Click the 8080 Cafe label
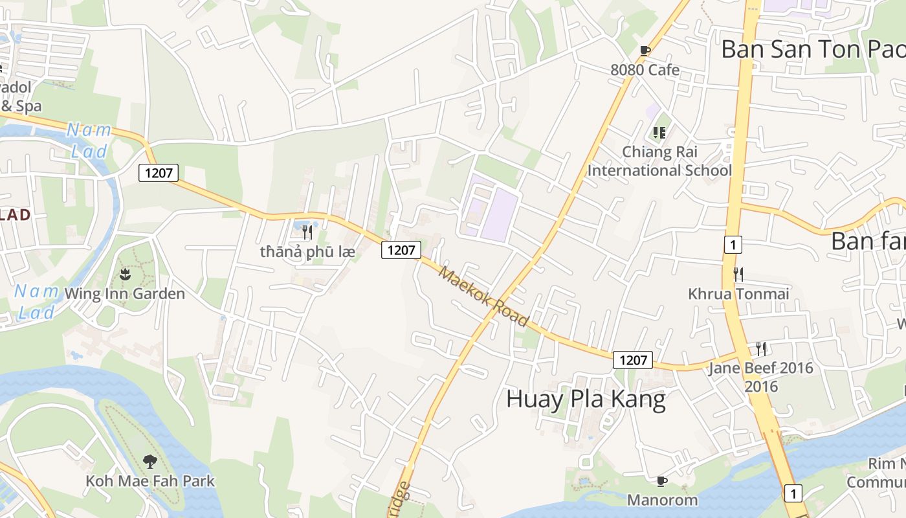[x=645, y=69]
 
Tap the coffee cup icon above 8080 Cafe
[x=645, y=51]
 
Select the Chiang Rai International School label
[x=659, y=161]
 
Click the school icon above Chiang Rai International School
[x=659, y=133]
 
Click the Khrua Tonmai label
[x=738, y=294]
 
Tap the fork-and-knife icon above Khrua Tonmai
[x=738, y=274]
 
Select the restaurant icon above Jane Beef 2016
[x=761, y=349]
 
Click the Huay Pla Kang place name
[x=586, y=399]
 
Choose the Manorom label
[x=662, y=500]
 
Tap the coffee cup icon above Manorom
[x=661, y=481]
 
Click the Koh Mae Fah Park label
[x=150, y=481]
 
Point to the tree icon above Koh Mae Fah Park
[x=150, y=462]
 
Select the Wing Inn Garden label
[x=125, y=294]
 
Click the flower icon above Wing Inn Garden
[x=125, y=274]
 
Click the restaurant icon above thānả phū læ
[x=307, y=232]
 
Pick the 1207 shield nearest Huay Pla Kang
[x=633, y=360]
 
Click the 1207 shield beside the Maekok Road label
[x=401, y=250]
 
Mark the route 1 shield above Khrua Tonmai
[x=733, y=245]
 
